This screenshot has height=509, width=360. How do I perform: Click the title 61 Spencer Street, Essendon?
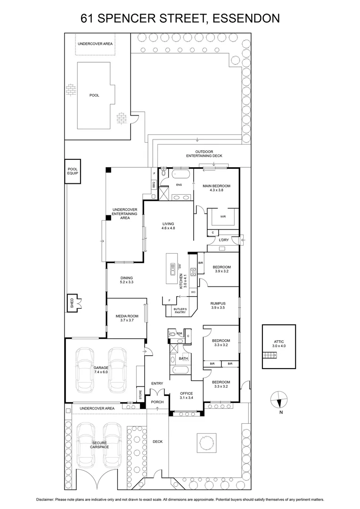[x=180, y=18]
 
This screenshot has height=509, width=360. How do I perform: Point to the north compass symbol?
[x=278, y=400]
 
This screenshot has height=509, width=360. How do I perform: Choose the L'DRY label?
[x=224, y=241]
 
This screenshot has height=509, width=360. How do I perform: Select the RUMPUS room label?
[x=219, y=304]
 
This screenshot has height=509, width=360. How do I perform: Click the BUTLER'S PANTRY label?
[x=180, y=311]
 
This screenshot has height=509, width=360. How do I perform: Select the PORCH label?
[x=157, y=402]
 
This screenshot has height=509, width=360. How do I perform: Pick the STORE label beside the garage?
[x=140, y=394]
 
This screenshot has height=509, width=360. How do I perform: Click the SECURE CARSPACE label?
[x=100, y=445]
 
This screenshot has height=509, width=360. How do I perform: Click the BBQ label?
[x=154, y=185]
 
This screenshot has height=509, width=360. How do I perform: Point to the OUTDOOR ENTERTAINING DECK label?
[x=204, y=154]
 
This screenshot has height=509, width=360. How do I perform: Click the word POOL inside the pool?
[x=94, y=95]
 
